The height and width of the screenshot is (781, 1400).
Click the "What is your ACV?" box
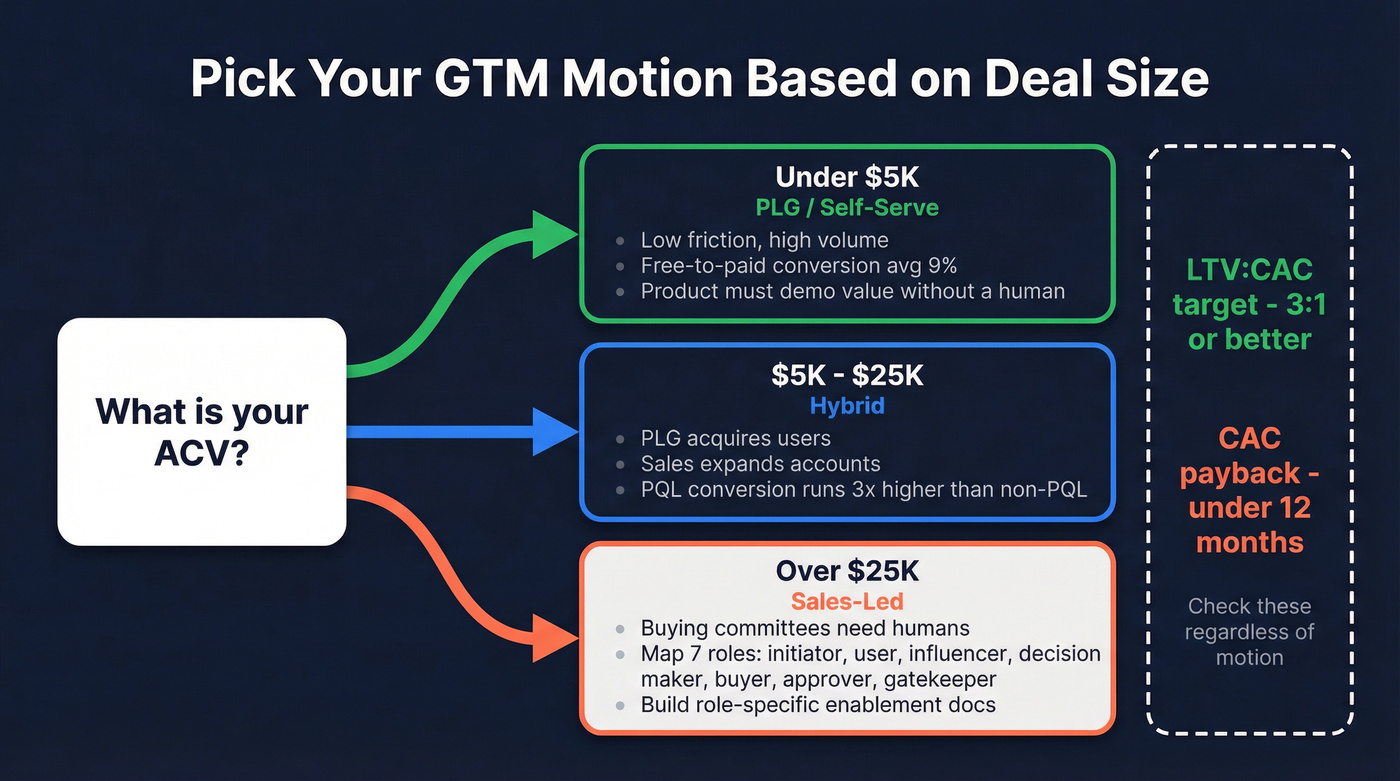pos(202,431)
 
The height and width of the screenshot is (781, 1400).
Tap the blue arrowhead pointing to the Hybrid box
pos(553,432)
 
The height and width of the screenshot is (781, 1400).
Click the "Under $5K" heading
pos(847,178)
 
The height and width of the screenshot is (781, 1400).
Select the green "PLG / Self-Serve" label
pos(847,208)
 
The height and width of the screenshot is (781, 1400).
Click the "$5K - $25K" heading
pos(847,376)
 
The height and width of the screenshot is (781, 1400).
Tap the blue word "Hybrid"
pos(847,406)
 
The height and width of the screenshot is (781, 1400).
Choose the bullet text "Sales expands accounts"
pos(760,464)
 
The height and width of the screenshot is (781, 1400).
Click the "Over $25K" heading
pos(847,572)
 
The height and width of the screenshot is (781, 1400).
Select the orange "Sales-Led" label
pos(847,601)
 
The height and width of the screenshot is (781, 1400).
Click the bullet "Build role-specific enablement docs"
pos(818,705)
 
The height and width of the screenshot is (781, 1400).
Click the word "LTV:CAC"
pos(1249,270)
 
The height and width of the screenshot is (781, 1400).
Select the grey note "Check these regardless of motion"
pos(1249,632)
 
